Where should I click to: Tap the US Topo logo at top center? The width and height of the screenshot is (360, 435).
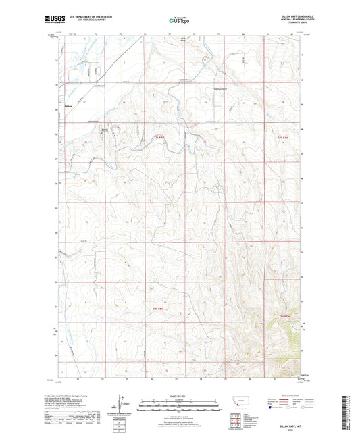(178, 20)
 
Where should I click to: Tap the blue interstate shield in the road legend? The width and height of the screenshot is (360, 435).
(271, 407)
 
